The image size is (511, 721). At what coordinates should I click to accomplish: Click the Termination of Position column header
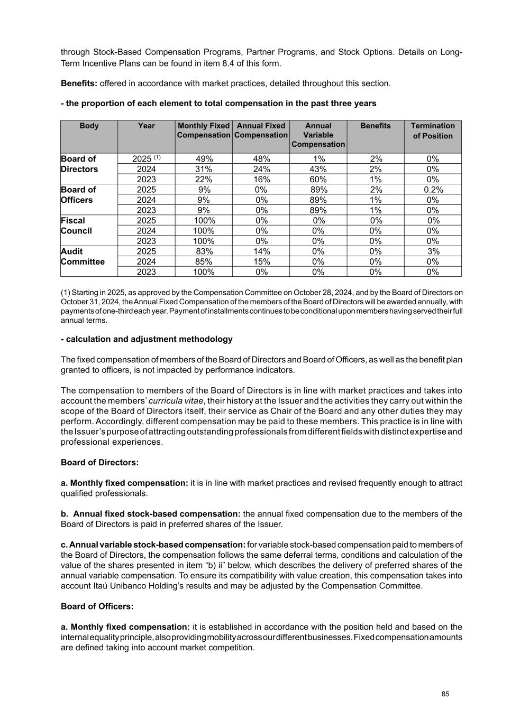(432, 131)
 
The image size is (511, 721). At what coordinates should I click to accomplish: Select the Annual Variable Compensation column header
(318, 135)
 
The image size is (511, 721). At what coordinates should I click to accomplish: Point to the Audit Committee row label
(83, 257)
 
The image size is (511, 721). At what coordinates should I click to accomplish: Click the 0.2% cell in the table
(432, 190)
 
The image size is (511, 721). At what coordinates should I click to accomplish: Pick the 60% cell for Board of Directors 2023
(318, 180)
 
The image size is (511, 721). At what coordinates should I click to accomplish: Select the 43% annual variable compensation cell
(318, 169)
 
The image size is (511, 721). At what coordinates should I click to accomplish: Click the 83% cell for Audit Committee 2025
(204, 251)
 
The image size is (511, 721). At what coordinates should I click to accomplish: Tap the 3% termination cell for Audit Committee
(432, 251)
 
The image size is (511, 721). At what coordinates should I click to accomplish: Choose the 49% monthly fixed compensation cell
(204, 159)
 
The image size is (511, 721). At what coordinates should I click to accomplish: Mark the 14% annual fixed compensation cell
(261, 251)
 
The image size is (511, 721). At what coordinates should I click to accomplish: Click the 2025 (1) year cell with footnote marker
(146, 159)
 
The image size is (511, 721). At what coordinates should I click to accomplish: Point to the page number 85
(445, 694)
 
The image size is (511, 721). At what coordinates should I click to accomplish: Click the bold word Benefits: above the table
(79, 83)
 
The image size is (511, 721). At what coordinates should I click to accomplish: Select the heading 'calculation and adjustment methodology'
(147, 339)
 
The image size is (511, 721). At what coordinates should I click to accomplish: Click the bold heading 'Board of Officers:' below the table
(97, 606)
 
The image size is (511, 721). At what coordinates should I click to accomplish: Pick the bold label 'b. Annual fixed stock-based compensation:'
(151, 514)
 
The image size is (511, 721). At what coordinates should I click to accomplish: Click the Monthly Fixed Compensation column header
(204, 130)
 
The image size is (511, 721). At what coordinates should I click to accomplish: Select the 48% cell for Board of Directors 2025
(261, 159)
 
